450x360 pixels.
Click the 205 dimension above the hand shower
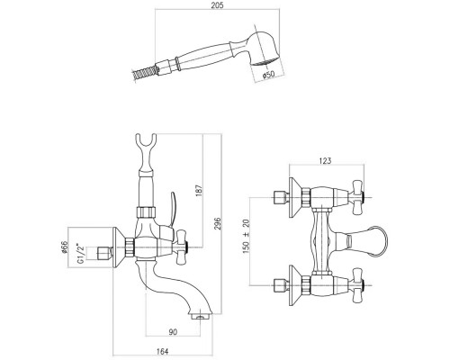click(217, 5)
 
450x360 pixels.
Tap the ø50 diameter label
click(268, 74)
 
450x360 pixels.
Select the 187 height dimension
click(199, 191)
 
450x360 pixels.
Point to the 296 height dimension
click(218, 223)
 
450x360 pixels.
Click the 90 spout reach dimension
click(173, 332)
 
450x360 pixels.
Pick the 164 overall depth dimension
click(163, 351)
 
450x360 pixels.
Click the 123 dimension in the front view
click(325, 161)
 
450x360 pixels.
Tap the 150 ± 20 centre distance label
click(246, 236)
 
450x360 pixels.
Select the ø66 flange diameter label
click(64, 247)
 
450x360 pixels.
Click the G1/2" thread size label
click(81, 254)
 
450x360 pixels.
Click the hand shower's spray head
click(264, 48)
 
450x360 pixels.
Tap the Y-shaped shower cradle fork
click(146, 151)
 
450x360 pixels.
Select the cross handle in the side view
click(182, 247)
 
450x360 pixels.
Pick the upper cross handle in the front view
click(358, 197)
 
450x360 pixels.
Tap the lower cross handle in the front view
click(358, 285)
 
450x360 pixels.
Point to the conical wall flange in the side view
click(119, 247)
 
